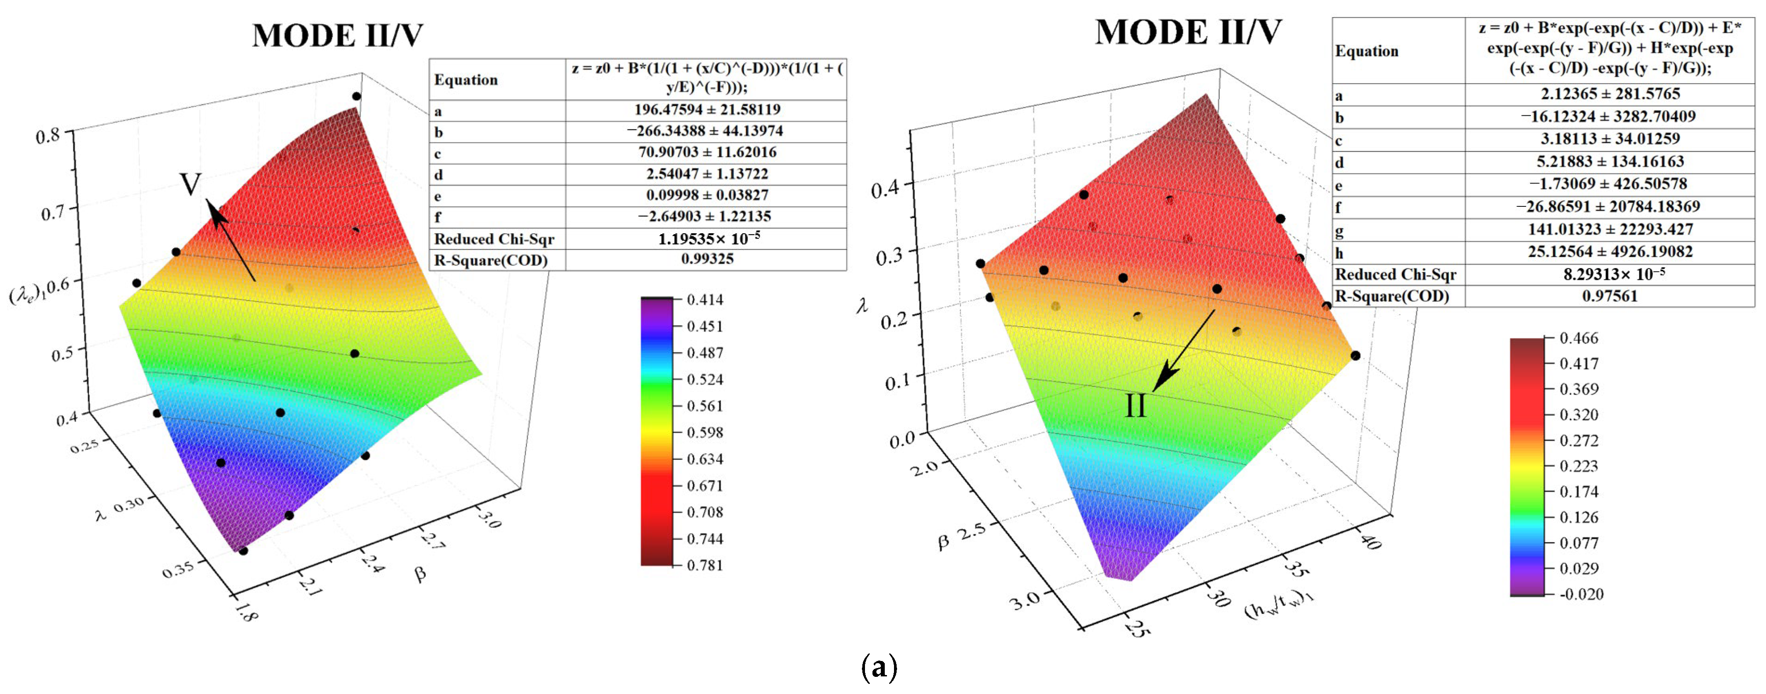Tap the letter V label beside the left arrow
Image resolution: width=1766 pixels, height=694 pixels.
point(190,184)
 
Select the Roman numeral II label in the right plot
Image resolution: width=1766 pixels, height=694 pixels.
point(1135,406)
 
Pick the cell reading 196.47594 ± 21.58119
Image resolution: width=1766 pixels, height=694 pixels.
point(707,110)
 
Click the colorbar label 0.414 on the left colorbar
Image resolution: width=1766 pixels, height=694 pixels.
point(705,300)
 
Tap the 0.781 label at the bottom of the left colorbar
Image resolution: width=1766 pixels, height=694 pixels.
point(705,565)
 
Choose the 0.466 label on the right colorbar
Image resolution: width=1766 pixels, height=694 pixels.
point(1578,338)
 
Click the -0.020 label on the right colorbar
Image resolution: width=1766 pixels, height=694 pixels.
point(1581,594)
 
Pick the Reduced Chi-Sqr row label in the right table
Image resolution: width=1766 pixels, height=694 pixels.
point(1395,274)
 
